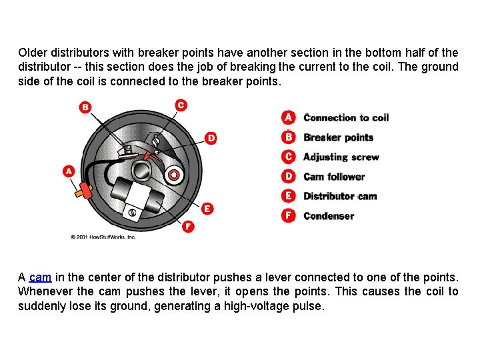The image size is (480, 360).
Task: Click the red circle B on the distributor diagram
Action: point(85,107)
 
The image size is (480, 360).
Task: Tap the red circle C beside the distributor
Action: point(181,105)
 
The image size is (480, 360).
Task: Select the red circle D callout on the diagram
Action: point(211,138)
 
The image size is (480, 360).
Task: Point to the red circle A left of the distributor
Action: point(69,171)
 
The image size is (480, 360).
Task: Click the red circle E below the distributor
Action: point(207,209)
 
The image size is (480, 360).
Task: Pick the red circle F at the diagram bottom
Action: point(188,227)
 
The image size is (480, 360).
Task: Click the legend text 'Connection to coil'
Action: point(345,118)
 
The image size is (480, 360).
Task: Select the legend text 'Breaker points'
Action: point(338,137)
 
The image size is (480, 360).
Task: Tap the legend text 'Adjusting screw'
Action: point(341,157)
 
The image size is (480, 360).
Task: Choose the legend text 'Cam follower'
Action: point(334,177)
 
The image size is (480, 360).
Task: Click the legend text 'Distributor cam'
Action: point(340,196)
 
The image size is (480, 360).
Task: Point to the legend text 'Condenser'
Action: point(328,216)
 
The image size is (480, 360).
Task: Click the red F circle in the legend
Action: point(288,215)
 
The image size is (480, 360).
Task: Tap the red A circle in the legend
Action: point(288,117)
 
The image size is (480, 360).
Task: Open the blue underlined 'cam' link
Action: point(40,277)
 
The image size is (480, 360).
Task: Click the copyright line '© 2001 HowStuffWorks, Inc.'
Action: point(103,237)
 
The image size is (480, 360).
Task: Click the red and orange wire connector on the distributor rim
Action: point(84,189)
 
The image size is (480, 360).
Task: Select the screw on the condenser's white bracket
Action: point(132,213)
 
